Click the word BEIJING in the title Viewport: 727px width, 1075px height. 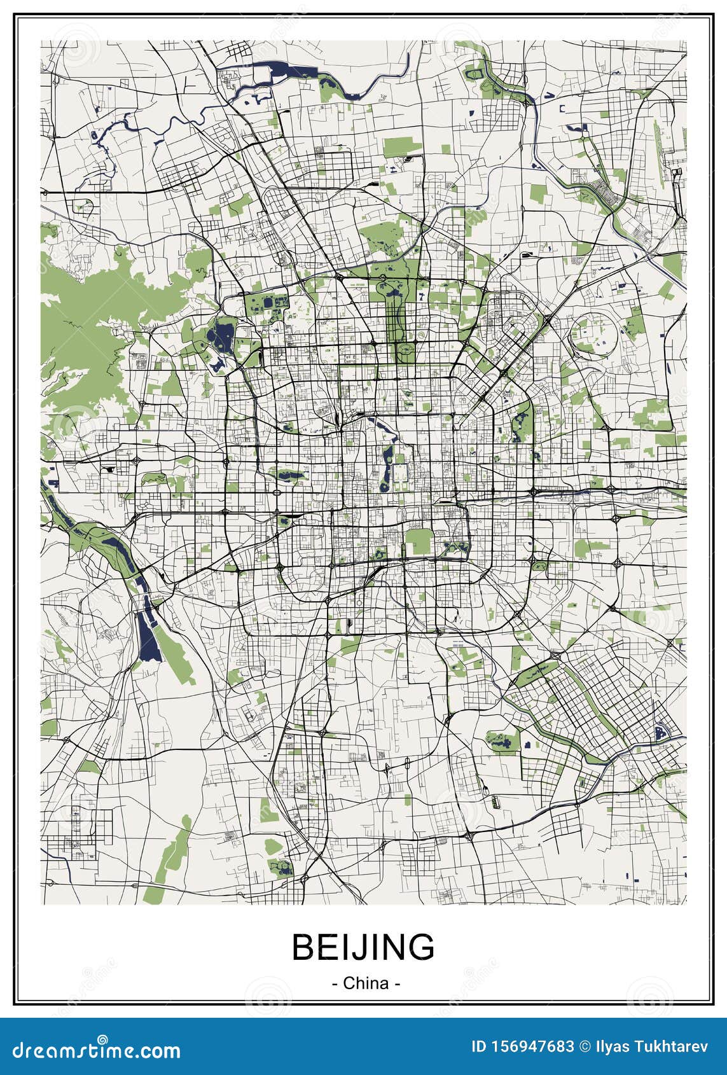pyautogui.click(x=363, y=947)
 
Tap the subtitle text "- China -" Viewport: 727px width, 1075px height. pyautogui.click(x=366, y=983)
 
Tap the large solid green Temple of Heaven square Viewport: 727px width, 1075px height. pyautogui.click(x=418, y=541)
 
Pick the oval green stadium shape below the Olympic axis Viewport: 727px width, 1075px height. pyautogui.click(x=405, y=350)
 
